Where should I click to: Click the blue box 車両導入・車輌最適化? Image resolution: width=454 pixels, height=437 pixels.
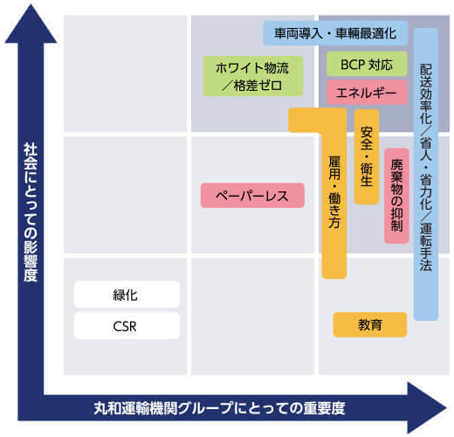click(335, 33)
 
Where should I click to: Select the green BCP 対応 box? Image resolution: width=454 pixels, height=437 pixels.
click(367, 64)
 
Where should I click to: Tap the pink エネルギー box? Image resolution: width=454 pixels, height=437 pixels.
click(367, 93)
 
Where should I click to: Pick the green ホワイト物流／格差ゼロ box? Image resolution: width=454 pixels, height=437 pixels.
click(253, 76)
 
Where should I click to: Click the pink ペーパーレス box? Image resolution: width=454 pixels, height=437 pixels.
click(252, 195)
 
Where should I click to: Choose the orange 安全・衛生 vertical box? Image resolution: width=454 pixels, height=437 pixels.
click(367, 156)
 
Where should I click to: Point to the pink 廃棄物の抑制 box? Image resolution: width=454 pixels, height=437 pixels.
click(396, 196)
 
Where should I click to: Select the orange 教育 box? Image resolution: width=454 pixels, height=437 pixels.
click(370, 324)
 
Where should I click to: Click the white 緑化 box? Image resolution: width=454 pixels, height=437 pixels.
click(127, 295)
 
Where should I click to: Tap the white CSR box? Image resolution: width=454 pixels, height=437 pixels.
click(127, 326)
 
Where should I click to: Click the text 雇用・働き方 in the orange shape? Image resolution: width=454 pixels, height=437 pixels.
click(334, 192)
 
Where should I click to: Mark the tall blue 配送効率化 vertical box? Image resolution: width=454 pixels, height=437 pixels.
click(426, 174)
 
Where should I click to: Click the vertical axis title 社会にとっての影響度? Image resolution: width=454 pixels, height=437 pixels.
click(31, 212)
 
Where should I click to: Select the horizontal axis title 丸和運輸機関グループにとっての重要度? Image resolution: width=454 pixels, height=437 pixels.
click(219, 408)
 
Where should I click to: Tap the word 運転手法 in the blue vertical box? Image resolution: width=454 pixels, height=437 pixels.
click(426, 247)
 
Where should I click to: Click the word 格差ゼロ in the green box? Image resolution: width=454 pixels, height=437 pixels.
click(258, 86)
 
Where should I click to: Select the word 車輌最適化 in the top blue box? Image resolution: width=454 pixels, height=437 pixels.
click(366, 33)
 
